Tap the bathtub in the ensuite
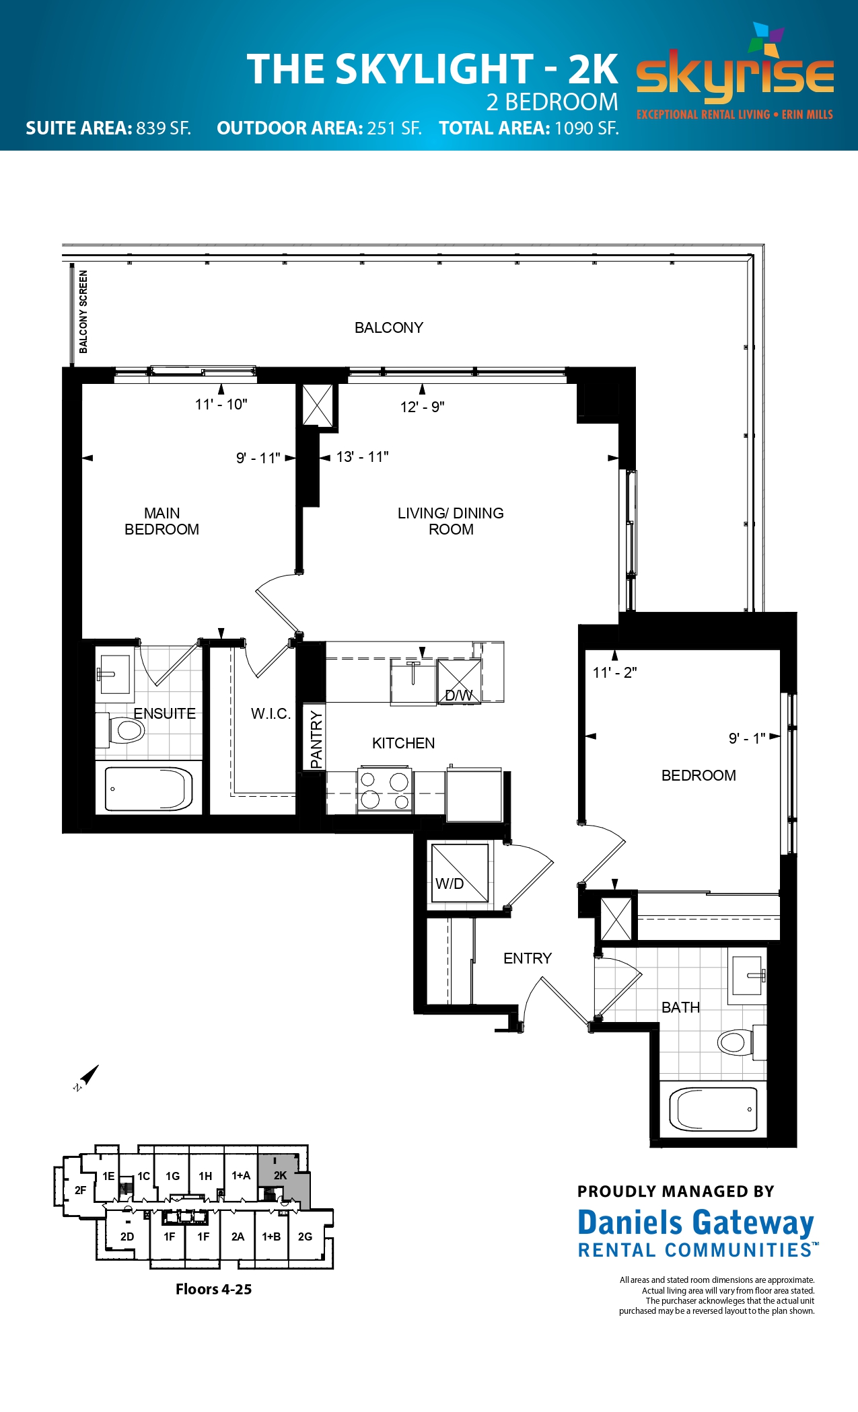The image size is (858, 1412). (x=149, y=789)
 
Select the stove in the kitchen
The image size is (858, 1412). (x=385, y=789)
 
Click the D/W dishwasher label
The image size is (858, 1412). (x=459, y=695)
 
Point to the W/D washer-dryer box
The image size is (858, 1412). (x=460, y=873)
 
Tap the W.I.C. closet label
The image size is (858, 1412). (x=271, y=713)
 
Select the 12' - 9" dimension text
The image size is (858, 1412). (x=422, y=407)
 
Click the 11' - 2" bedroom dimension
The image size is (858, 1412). (x=614, y=672)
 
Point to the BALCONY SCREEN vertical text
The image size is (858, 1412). (x=83, y=311)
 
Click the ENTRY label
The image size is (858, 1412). (x=528, y=958)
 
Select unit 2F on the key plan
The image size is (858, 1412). (x=80, y=1190)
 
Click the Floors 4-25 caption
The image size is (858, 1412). (x=213, y=1289)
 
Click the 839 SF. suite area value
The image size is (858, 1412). (x=164, y=128)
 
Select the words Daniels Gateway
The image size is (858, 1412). (x=696, y=1222)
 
